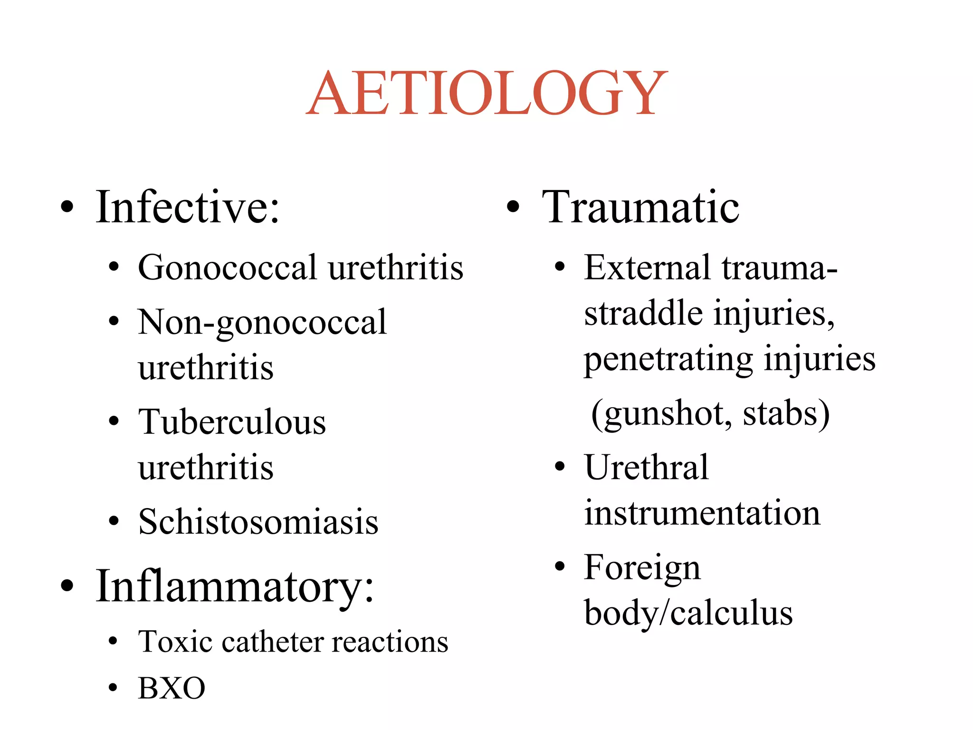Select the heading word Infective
tap(188, 207)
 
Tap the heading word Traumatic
tap(640, 207)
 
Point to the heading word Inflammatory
tap(235, 586)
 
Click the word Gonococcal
tap(227, 268)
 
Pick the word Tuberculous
tap(232, 422)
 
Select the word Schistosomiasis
tap(258, 522)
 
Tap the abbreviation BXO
tap(172, 688)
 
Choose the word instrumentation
tap(702, 513)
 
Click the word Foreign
tap(642, 567)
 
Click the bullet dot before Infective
tap(67, 207)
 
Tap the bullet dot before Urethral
tap(561, 467)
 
